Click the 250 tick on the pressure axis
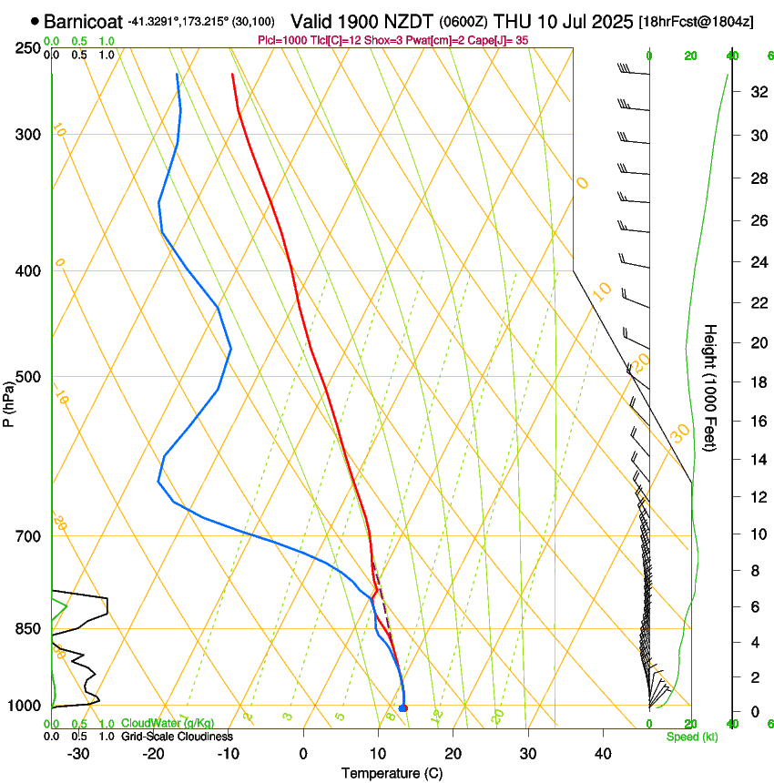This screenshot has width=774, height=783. click(29, 47)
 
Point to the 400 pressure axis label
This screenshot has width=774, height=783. click(29, 271)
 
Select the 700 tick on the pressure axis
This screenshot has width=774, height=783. click(29, 536)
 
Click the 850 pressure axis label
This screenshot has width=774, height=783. click(29, 629)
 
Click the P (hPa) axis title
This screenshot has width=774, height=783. click(9, 400)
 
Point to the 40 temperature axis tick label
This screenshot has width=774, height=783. click(603, 753)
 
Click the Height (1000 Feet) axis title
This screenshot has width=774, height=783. click(711, 387)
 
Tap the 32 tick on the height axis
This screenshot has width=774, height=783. click(756, 92)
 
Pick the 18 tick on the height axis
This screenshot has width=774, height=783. click(756, 382)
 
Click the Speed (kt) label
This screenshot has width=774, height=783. click(691, 737)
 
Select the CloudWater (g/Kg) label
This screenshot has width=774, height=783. click(161, 724)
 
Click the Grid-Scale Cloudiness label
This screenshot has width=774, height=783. click(177, 737)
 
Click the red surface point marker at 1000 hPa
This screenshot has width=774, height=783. click(403, 707)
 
